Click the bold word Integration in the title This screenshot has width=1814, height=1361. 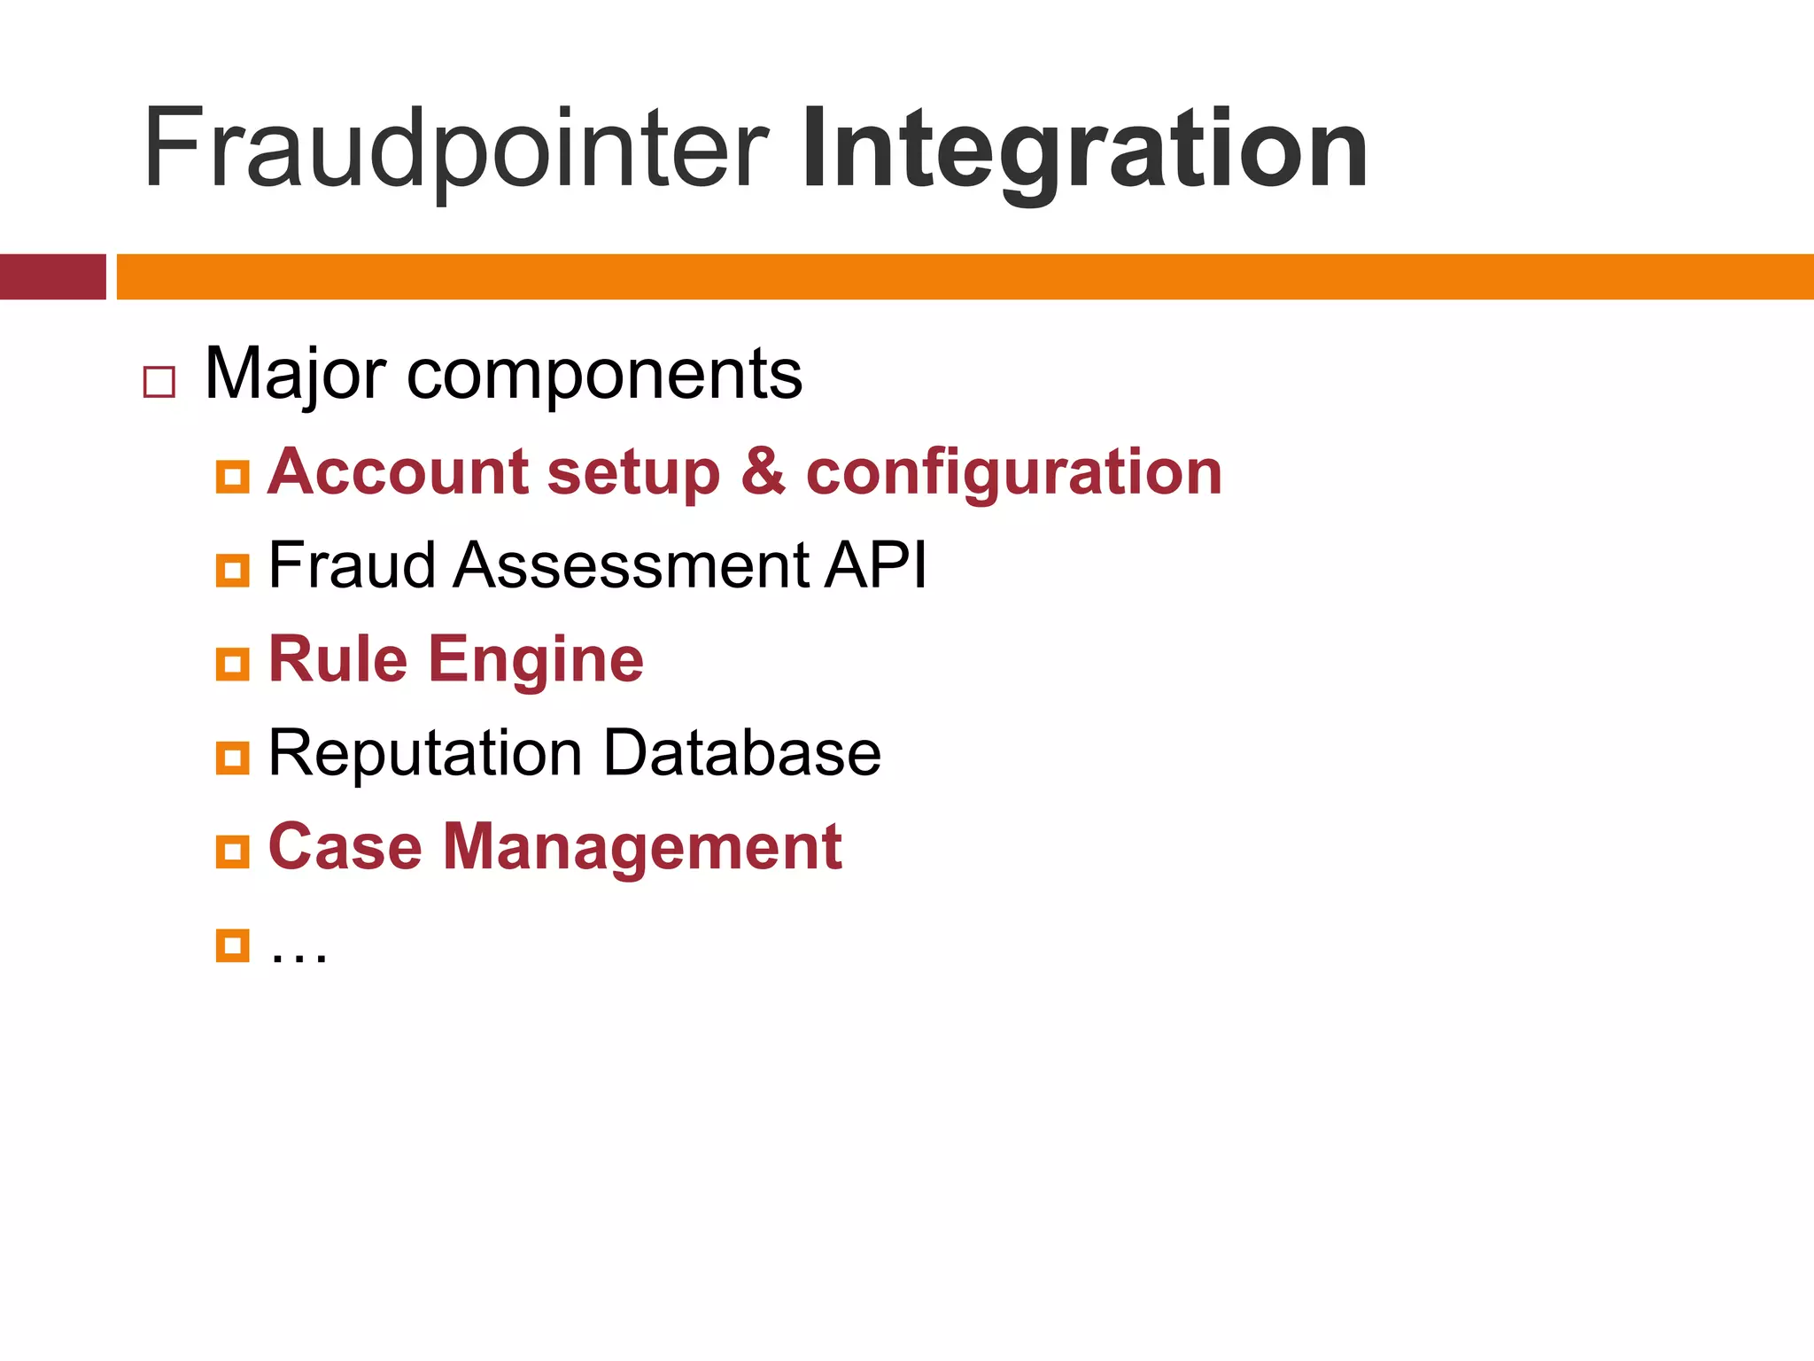[x=1084, y=149]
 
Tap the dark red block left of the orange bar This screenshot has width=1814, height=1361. [x=52, y=276]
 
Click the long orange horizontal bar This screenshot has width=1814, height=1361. [x=965, y=276]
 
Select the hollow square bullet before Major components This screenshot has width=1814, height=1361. [x=159, y=382]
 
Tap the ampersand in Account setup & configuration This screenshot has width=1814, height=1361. [x=763, y=471]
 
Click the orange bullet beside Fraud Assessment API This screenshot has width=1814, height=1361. [x=232, y=570]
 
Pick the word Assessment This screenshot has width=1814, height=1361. [x=631, y=565]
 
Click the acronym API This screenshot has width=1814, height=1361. [x=875, y=565]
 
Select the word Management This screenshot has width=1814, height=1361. [x=642, y=848]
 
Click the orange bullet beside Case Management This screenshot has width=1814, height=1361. [x=232, y=852]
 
